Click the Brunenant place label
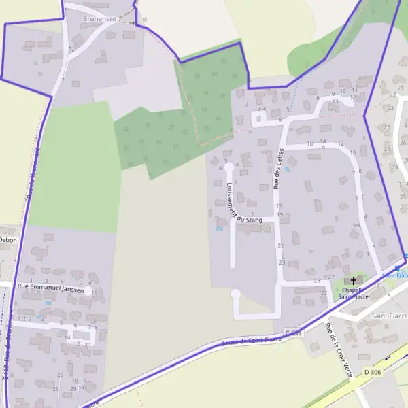coord(99,19)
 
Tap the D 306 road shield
coord(373,372)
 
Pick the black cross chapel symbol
coord(353,281)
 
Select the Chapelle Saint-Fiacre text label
coord(354,292)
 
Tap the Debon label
coord(7,240)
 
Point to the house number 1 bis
coord(354,225)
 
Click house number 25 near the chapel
coord(317,280)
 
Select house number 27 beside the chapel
coord(331,277)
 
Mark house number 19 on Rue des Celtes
coord(279,215)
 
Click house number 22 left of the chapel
coord(324,292)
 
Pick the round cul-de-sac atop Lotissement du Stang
coord(229,166)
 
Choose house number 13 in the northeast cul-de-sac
coord(335,102)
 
